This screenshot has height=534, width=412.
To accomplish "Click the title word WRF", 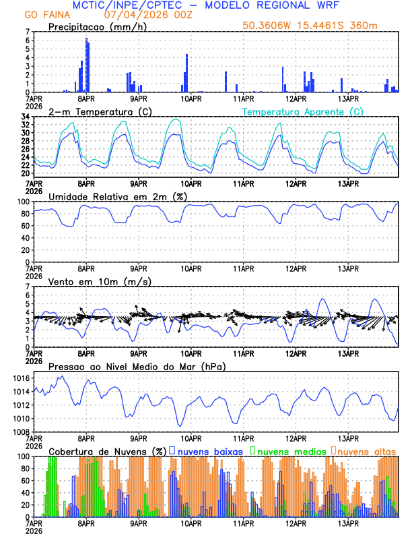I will point(327,5).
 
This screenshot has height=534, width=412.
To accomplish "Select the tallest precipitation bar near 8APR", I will point(86,65).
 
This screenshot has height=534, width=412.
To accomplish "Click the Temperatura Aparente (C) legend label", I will point(303,111).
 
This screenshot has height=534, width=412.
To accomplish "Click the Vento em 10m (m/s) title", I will point(100,281).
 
